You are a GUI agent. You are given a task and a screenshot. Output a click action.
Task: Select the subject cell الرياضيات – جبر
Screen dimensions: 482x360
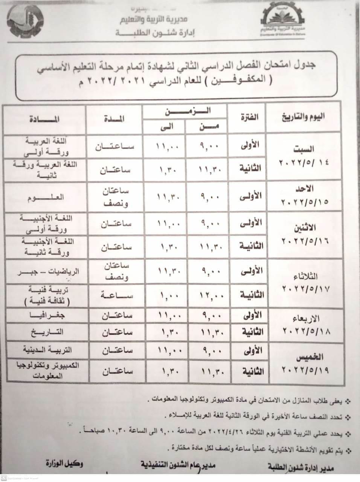(44, 272)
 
